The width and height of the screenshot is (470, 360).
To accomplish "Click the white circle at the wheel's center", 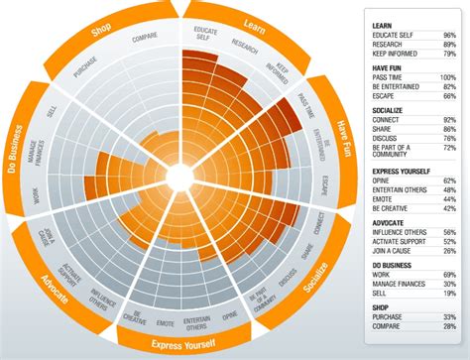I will pos(179,177).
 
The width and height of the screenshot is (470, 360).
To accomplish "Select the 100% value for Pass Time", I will pos(447,77).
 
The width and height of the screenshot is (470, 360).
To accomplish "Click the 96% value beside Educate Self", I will pos(448,34).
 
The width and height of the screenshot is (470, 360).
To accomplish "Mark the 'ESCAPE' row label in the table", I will pos(384,96).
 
